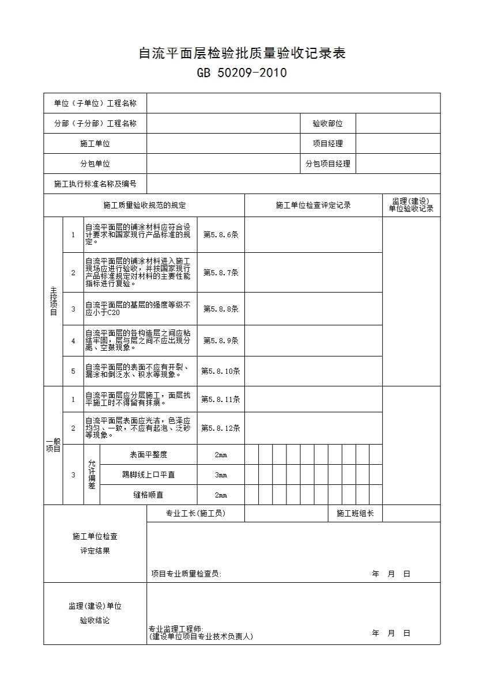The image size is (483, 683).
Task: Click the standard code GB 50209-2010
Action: pos(241,73)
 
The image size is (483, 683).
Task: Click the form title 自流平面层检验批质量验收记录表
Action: pos(241,54)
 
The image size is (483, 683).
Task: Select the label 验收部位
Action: pos(327,124)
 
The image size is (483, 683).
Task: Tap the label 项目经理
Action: pos(327,144)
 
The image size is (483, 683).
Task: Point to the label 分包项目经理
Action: pos(327,164)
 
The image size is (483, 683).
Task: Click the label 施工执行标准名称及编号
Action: pos(95,184)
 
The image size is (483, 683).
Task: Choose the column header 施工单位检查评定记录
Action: pos(313,206)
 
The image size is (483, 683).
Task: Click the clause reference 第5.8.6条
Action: pos(221,235)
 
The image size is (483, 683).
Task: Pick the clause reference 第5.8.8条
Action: pos(221,309)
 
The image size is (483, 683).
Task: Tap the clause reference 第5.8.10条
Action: pos(221,371)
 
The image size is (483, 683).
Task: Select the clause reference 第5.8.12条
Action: pos(221,428)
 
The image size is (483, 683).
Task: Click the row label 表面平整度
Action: pos(148,455)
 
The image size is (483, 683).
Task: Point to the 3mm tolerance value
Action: pos(221,475)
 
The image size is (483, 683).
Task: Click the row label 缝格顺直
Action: pos(148,495)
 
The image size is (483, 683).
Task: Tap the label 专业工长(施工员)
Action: pos(195,514)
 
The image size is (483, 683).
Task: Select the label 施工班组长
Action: pos(355,514)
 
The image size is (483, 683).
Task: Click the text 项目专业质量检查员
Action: pos(186,574)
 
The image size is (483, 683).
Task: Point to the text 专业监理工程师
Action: pos(176,629)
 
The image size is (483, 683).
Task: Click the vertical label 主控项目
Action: pos(53,301)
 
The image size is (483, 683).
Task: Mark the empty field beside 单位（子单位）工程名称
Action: pos(293,104)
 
